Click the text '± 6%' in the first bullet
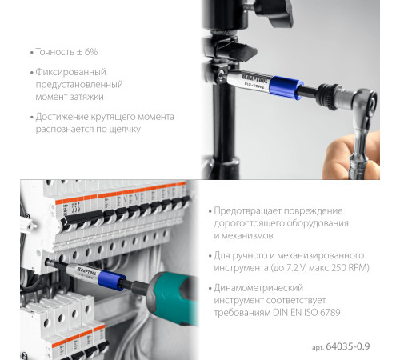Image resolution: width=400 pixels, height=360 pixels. point(87,52)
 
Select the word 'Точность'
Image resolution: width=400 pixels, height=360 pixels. point(54,52)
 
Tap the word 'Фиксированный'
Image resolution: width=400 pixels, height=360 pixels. point(70,73)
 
